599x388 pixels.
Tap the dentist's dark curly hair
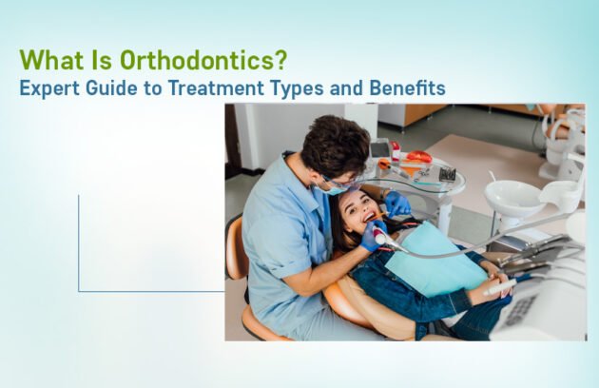pyautogui.click(x=335, y=145)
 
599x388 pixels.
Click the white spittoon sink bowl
pyautogui.click(x=512, y=198)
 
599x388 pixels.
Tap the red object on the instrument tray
pyautogui.click(x=417, y=157)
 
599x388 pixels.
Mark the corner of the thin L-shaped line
pyautogui.click(x=79, y=291)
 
